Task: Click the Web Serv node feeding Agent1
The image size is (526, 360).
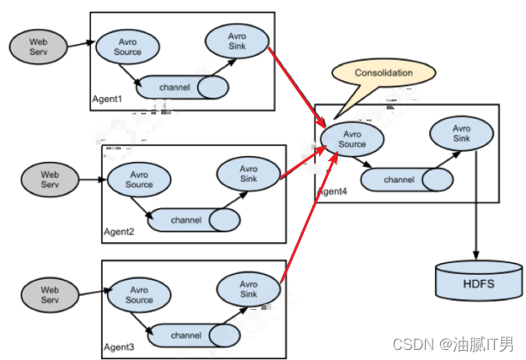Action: pyautogui.click(x=38, y=47)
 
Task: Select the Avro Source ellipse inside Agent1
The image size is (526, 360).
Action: pyautogui.click(x=128, y=47)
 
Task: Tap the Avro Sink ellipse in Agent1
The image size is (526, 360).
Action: pyautogui.click(x=237, y=41)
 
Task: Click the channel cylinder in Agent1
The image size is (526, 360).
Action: pyautogui.click(x=182, y=87)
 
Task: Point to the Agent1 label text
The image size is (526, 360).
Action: pyautogui.click(x=107, y=99)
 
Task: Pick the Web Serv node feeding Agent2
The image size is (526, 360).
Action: pyautogui.click(x=50, y=180)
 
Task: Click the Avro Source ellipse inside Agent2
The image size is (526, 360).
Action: pyautogui.click(x=139, y=180)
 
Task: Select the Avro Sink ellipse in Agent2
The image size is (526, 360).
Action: pyautogui.click(x=249, y=174)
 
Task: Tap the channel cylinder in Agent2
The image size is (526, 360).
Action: pyautogui.click(x=194, y=221)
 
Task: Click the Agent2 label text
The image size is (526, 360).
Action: pyautogui.click(x=119, y=232)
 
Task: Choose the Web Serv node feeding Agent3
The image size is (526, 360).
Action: pyautogui.click(x=50, y=295)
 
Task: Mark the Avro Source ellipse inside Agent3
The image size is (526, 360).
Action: pyautogui.click(x=139, y=295)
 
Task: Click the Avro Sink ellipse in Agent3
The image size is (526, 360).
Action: pyautogui.click(x=249, y=289)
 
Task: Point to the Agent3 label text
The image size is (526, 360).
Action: pyautogui.click(x=119, y=347)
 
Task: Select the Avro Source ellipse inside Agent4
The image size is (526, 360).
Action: pyautogui.click(x=352, y=139)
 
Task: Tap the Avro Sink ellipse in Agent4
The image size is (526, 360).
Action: pyautogui.click(x=462, y=133)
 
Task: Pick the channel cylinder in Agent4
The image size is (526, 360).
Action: pyautogui.click(x=407, y=180)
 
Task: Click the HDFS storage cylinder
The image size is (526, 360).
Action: pyautogui.click(x=478, y=281)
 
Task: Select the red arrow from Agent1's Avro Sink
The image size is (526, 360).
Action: pyautogui.click(x=297, y=87)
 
